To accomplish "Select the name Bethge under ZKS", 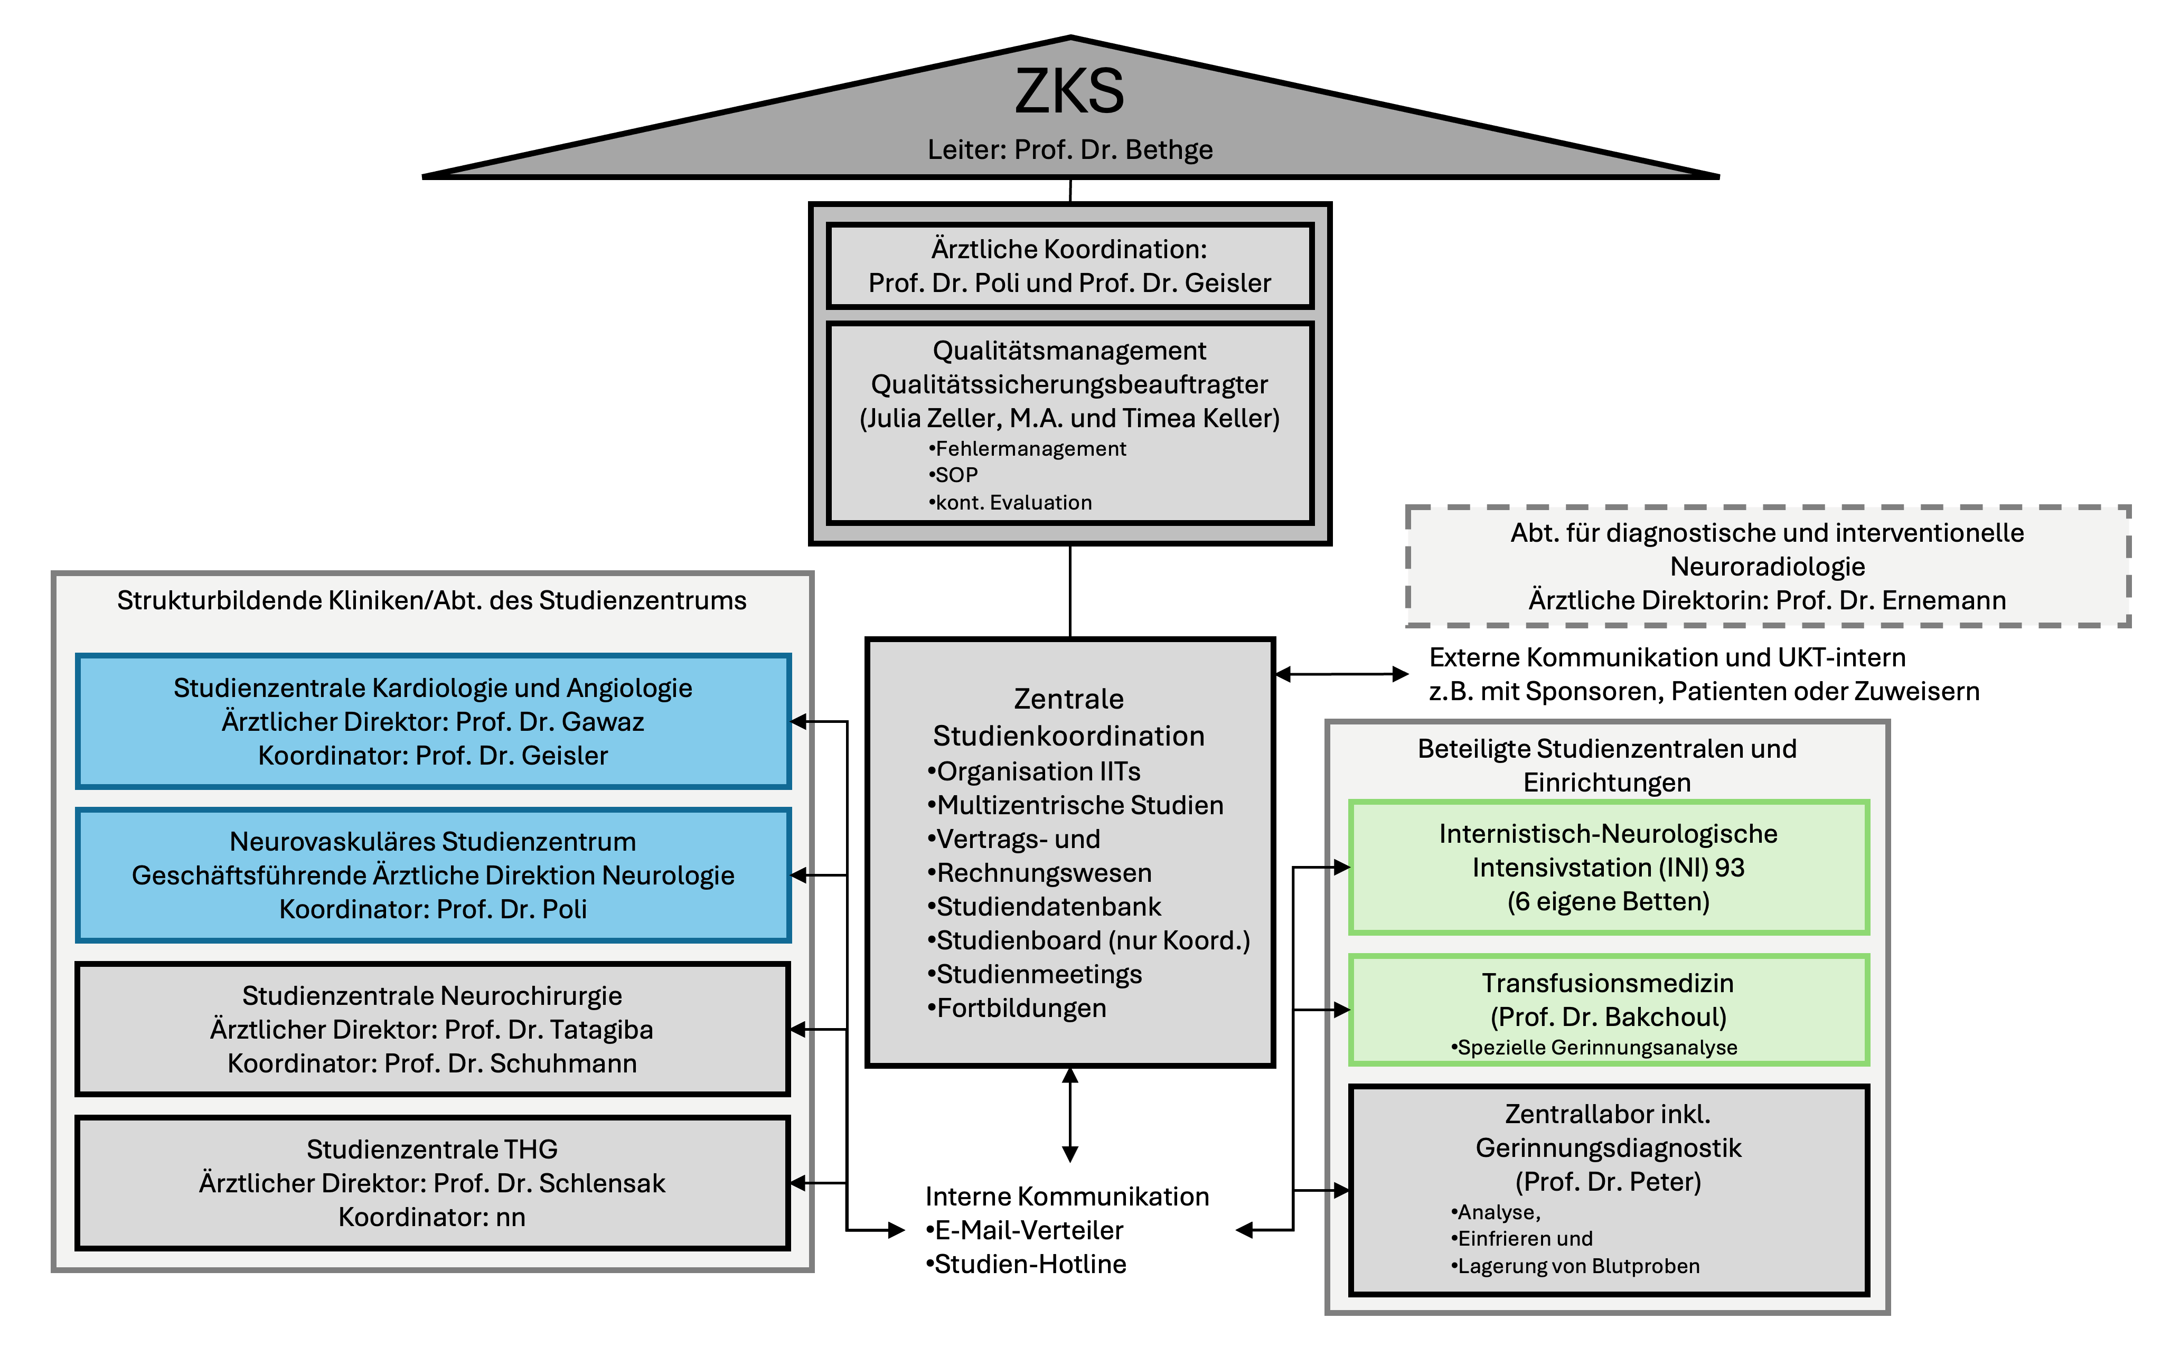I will (1169, 150).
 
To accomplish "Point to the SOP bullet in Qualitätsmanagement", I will (956, 475).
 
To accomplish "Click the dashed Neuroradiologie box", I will (1766, 566).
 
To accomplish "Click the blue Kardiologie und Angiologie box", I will (433, 721).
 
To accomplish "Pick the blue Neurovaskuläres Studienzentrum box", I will (433, 874).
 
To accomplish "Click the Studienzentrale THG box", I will (433, 1182).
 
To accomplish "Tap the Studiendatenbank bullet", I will (1047, 907).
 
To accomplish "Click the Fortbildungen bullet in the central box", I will (1020, 1008).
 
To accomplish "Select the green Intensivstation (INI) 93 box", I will (1608, 867).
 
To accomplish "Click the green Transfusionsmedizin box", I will (1608, 1009).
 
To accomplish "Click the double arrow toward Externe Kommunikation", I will (1341, 674).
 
